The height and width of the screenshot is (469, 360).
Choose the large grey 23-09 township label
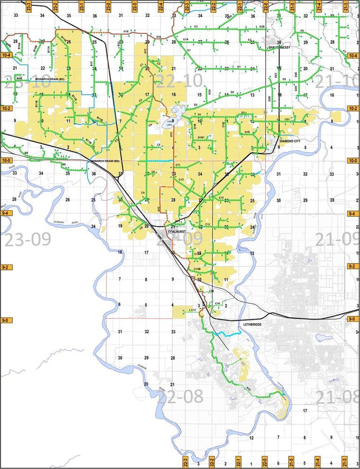27,240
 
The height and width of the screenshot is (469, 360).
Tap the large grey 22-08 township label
181,397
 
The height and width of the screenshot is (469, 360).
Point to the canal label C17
193,310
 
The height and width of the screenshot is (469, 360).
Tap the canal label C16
217,303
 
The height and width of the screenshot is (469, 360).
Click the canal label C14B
198,269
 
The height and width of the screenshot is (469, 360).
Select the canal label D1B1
202,137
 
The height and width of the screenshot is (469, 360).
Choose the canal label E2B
261,27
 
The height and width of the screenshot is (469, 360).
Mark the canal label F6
302,31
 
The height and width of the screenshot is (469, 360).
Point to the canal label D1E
246,132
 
